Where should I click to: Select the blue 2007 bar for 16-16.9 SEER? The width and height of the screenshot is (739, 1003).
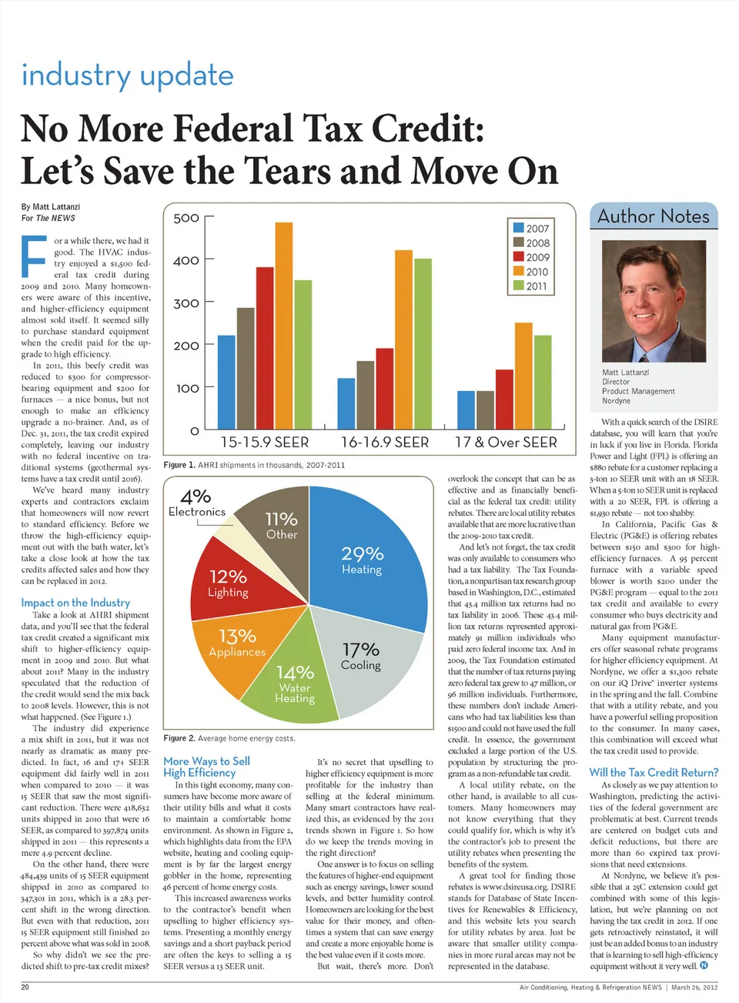point(346,400)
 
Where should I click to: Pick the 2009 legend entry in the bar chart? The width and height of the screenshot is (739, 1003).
point(531,257)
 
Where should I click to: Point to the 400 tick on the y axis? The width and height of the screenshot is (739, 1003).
point(186,261)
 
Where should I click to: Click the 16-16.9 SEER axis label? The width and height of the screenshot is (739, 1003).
point(385,443)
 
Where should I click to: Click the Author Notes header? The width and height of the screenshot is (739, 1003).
point(654,216)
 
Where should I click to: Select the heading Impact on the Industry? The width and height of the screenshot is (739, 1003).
point(75,603)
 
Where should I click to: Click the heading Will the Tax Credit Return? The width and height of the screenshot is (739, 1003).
point(654,772)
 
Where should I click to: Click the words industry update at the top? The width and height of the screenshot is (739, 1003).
point(127,76)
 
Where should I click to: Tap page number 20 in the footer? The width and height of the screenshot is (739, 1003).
point(25,987)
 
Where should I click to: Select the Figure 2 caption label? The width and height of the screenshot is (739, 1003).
point(179,738)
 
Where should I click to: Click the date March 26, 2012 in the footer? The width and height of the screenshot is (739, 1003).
point(694,987)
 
